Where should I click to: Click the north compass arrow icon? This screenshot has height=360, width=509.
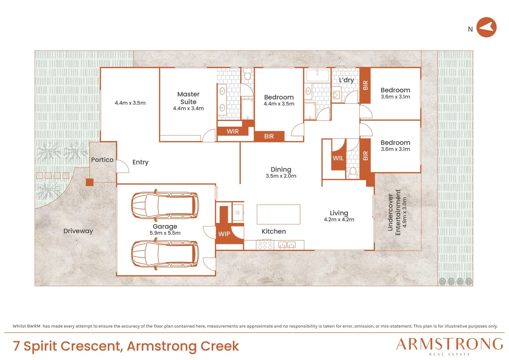486,27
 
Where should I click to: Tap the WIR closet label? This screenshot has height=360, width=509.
233,131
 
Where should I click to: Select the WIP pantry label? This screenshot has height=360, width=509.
224,234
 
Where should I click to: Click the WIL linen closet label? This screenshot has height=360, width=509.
338,158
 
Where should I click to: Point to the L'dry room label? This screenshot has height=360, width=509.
346,80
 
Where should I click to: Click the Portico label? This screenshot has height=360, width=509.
102,160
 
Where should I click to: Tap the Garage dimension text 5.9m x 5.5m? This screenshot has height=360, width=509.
165,233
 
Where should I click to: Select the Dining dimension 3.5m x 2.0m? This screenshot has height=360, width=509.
281,176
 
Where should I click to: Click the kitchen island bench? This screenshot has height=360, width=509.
278,214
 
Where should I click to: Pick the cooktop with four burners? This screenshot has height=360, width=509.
264,245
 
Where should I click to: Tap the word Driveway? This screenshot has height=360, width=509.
78,231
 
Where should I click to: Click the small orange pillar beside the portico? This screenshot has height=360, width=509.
90,182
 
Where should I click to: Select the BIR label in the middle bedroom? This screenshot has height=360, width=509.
269,136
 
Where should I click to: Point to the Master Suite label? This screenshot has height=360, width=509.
188,98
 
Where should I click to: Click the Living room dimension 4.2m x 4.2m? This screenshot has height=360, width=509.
339,219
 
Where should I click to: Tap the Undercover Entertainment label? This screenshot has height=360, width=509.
394,212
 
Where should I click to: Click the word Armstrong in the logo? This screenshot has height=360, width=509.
449,344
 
